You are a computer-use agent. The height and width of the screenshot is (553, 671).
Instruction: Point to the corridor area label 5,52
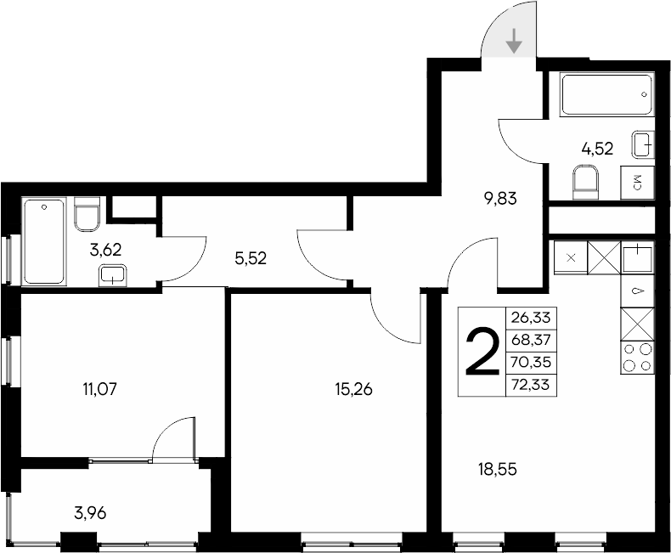coord(251,259)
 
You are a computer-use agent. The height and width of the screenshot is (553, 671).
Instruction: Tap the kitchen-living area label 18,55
coord(495,468)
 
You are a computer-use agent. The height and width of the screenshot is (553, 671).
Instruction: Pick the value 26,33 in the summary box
coord(530,318)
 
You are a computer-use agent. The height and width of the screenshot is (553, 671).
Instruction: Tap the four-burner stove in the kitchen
coord(638,357)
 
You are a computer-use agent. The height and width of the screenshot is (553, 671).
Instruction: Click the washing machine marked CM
coord(638,182)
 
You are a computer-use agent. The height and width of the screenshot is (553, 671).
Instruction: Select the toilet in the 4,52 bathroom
coord(586,182)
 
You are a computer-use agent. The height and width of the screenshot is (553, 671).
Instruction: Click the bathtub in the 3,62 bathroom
coord(44,241)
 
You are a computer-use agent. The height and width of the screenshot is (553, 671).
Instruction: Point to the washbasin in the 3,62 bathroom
coord(112,274)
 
